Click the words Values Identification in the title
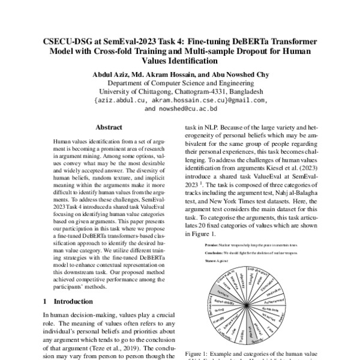(179, 61)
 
